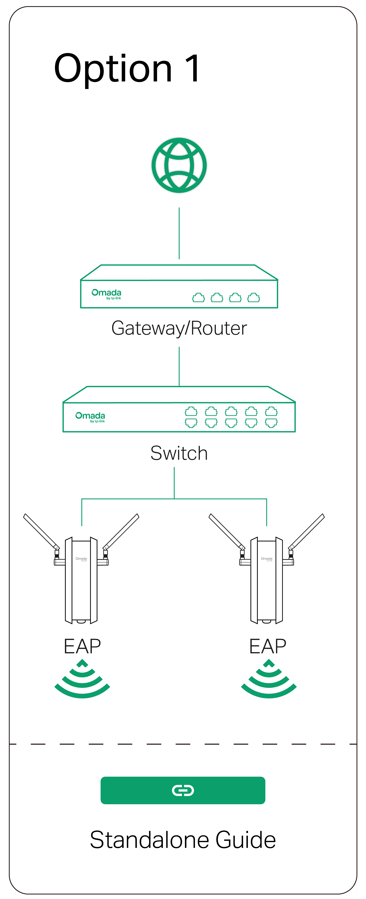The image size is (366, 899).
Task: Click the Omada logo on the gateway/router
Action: pos(106,294)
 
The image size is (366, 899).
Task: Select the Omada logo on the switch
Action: pos(90,417)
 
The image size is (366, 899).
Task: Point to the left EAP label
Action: pos(82,646)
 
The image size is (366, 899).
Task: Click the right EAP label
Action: pos(268,646)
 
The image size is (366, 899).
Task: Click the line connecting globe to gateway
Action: pos(179,233)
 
